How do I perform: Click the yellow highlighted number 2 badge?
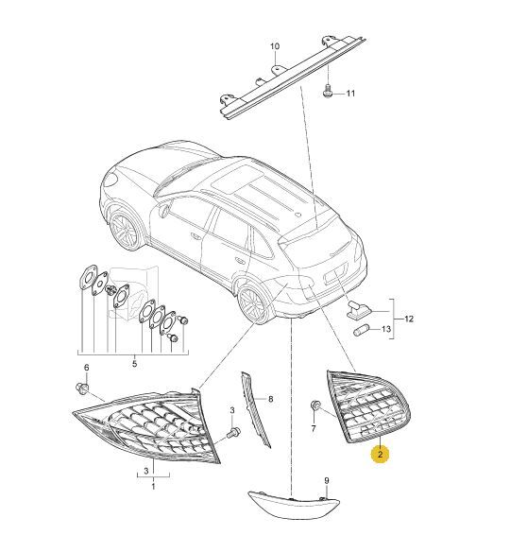click(380, 454)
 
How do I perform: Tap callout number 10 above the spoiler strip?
click(275, 46)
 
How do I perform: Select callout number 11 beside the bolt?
click(350, 94)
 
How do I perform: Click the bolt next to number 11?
click(327, 91)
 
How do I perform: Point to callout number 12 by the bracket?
click(409, 319)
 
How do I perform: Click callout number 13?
click(385, 329)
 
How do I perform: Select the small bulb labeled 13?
click(360, 331)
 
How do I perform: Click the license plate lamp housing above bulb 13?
click(357, 310)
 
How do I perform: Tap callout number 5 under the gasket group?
click(134, 363)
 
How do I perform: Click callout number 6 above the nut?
click(87, 368)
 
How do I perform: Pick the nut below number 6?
click(82, 388)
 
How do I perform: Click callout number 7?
click(314, 428)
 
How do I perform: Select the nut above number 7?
click(314, 405)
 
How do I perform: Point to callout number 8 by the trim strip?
click(271, 399)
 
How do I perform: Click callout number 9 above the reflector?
click(327, 481)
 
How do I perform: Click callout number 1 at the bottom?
click(153, 486)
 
